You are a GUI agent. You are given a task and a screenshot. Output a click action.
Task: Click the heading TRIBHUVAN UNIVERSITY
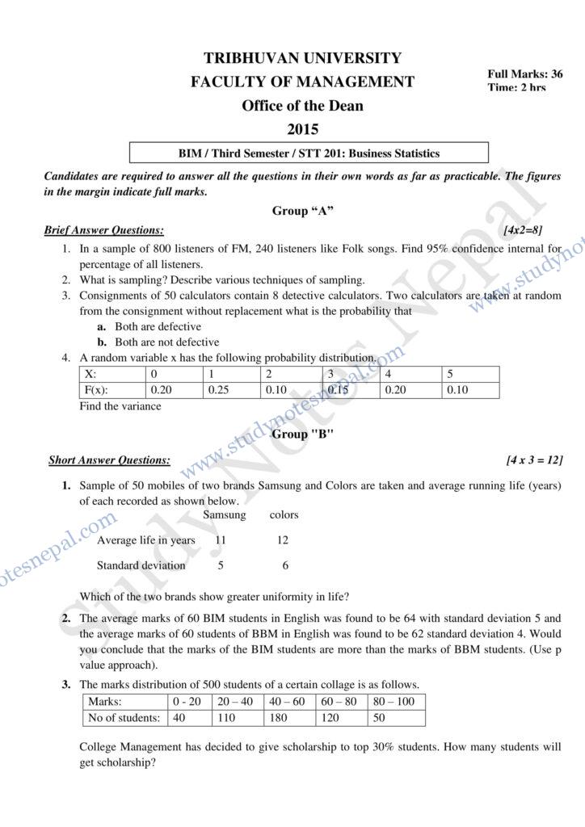coord(302,58)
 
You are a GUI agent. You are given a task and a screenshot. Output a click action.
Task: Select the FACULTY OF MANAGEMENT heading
coord(302,82)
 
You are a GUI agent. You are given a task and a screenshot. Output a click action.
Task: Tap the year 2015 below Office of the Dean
coord(302,129)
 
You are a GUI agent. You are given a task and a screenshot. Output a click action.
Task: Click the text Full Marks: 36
coord(525,73)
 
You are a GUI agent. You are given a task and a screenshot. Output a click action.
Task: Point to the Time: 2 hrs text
coord(516,87)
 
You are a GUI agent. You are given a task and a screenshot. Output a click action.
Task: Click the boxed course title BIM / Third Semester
coord(309,153)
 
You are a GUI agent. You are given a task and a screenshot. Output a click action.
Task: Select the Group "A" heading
coord(303,211)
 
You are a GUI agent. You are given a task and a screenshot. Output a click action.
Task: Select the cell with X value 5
coord(449,375)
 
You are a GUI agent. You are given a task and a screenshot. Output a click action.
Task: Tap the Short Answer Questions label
coord(109,460)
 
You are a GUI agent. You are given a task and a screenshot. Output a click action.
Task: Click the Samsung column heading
coord(224,514)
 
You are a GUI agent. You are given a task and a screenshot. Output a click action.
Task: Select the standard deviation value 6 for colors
coord(284,565)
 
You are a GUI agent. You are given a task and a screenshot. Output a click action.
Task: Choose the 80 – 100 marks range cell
coord(395,701)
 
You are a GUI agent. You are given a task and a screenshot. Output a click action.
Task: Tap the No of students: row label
coord(123,717)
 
